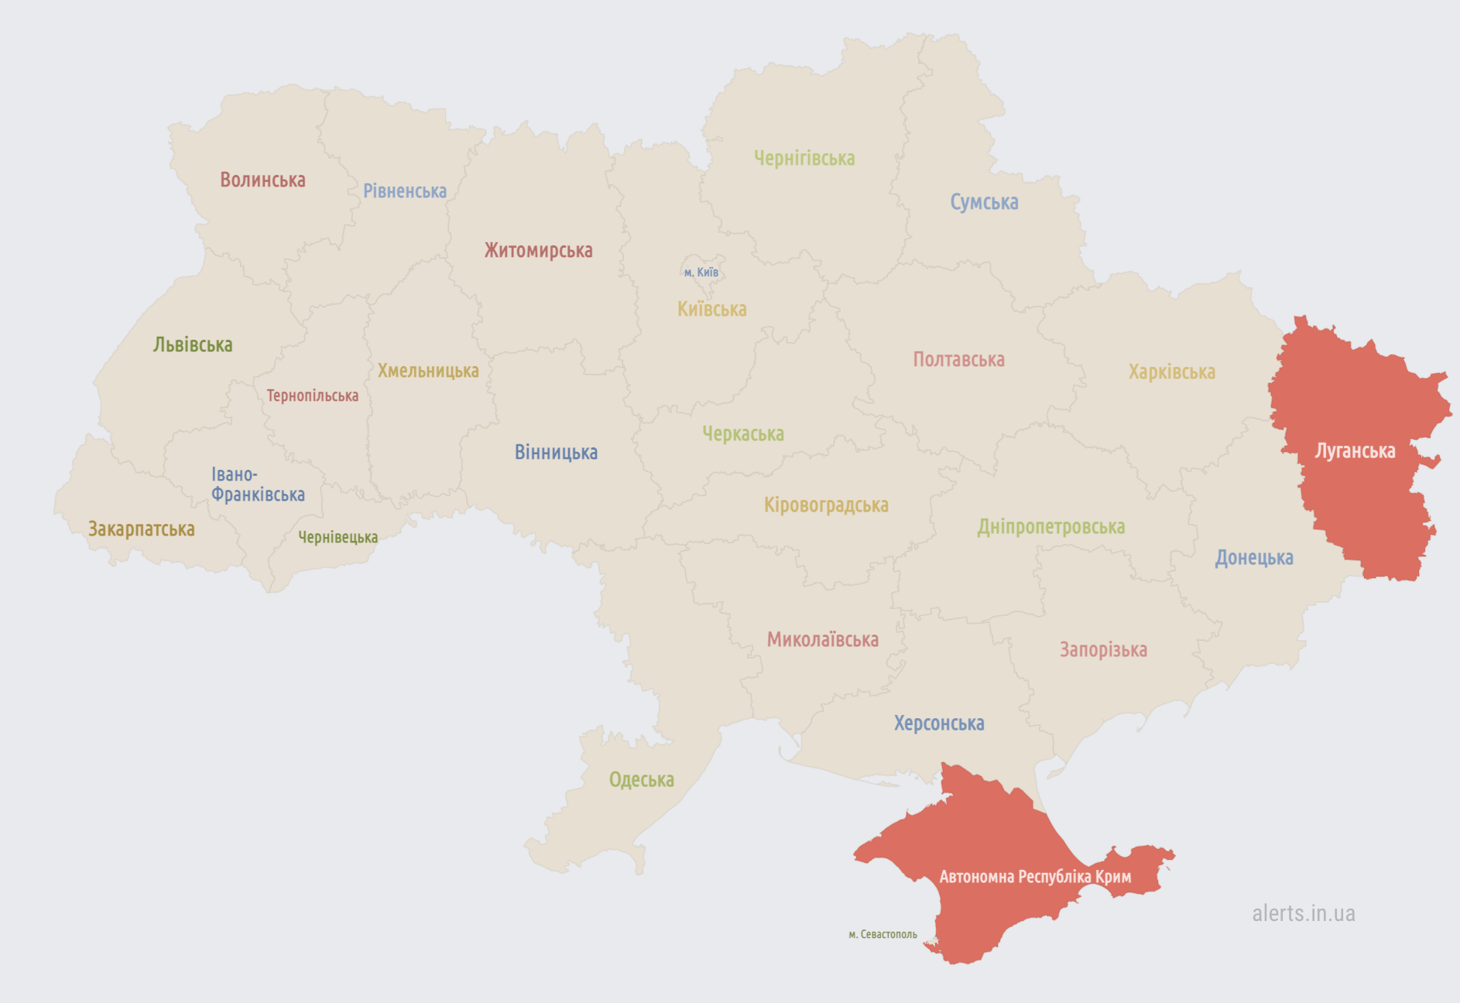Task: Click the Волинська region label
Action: click(262, 180)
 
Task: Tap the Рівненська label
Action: click(405, 191)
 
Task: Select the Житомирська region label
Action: click(538, 251)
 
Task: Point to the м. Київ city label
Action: click(701, 272)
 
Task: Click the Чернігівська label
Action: click(804, 159)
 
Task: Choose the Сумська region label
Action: click(984, 203)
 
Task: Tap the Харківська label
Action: click(1171, 372)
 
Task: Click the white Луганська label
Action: click(1355, 451)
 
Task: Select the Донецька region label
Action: click(1253, 558)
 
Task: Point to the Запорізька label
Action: click(1103, 650)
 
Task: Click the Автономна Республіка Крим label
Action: click(1035, 877)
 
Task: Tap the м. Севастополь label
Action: click(883, 935)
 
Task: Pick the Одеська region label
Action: click(641, 780)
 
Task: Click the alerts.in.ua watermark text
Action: click(1303, 914)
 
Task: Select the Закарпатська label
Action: click(141, 529)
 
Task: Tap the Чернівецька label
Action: click(338, 537)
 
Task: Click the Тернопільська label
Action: click(312, 396)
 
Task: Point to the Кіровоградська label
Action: click(826, 505)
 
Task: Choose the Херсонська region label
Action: click(939, 724)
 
